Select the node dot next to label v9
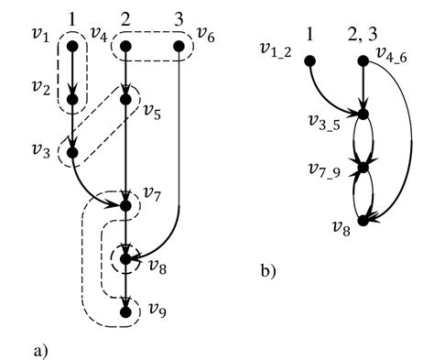click(125, 312)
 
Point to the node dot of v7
click(125, 205)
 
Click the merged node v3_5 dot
click(365, 115)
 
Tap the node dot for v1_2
click(310, 60)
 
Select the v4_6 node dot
click(365, 60)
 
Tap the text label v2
click(38, 88)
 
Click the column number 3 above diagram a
click(179, 17)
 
